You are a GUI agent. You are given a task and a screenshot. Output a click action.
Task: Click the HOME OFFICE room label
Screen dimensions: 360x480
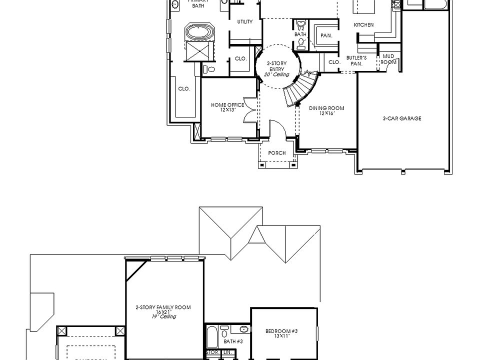(x=227, y=105)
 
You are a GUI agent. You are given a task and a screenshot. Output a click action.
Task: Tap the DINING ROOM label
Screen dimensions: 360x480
(x=326, y=108)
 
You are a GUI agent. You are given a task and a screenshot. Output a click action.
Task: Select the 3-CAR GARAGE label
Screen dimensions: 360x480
(x=402, y=118)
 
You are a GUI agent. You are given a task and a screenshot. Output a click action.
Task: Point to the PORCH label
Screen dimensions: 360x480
(x=277, y=153)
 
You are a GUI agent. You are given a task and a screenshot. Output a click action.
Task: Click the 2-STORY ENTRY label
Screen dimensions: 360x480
(x=276, y=66)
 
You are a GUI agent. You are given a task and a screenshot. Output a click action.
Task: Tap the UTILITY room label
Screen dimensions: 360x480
(x=245, y=21)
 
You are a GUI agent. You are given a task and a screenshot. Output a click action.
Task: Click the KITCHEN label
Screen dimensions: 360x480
(x=363, y=24)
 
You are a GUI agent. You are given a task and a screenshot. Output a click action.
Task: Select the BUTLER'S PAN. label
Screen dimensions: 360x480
(x=356, y=61)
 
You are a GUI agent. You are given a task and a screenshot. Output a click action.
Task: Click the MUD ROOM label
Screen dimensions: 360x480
(x=389, y=59)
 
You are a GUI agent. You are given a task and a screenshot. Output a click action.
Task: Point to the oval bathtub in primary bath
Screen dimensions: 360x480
(x=199, y=32)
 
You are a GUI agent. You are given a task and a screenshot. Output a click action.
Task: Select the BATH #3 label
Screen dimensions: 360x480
(x=233, y=341)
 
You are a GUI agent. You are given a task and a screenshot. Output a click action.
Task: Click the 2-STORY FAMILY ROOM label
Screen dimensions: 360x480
(x=163, y=307)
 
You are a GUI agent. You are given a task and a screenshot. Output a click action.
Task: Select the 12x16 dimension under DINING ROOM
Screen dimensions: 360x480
(x=326, y=113)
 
